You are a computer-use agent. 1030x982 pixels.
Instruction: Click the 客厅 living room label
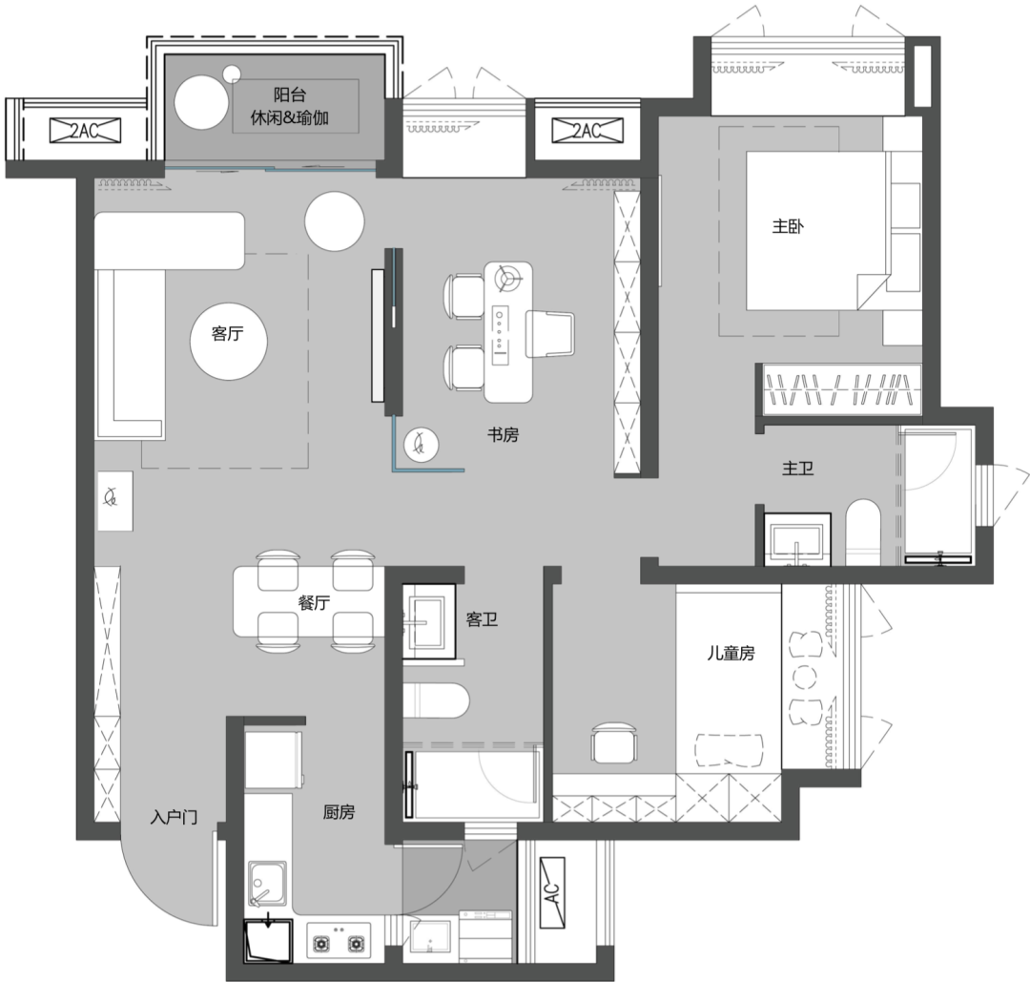227,333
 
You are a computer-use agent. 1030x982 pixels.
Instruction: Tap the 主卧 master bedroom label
788,227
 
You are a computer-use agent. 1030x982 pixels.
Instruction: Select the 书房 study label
504,434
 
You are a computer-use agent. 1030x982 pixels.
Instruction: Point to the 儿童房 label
731,653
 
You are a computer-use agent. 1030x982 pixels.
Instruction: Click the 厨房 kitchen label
339,812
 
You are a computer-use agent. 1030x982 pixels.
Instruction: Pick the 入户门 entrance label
175,817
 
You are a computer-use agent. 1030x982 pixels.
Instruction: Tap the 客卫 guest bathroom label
483,619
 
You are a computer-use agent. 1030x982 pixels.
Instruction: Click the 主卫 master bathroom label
798,468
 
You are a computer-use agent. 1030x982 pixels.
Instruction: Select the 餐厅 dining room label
314,602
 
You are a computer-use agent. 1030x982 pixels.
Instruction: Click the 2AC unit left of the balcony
86,130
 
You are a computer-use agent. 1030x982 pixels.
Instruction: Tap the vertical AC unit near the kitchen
552,892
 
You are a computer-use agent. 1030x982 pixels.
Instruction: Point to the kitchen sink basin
267,884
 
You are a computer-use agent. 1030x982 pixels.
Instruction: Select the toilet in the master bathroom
862,533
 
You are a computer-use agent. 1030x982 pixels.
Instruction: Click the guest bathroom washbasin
428,621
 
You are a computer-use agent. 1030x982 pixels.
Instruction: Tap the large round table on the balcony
201,102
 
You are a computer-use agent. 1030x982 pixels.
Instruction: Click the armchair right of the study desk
550,334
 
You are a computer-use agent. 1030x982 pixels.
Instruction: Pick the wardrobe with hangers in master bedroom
842,389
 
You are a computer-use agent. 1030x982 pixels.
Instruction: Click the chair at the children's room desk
614,742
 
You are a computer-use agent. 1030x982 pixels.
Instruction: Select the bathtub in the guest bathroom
472,784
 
